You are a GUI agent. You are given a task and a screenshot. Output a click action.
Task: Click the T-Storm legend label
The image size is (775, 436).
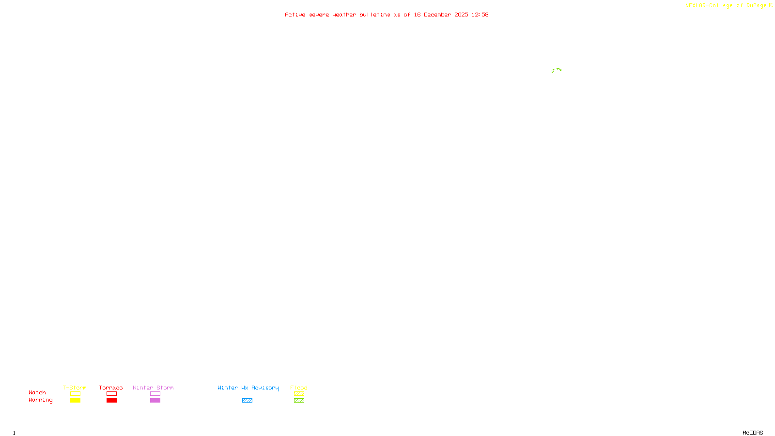75,388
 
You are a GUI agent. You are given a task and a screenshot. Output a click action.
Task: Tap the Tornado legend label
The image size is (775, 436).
111,388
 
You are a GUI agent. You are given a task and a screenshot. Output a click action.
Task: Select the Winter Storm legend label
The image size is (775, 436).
153,388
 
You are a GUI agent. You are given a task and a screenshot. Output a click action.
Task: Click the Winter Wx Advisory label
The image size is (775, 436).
248,388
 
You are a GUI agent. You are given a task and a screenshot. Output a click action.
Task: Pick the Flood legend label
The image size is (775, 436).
299,388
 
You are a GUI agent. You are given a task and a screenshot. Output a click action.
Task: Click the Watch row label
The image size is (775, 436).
37,392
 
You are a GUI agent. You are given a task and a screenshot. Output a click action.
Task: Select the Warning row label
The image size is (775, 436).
40,400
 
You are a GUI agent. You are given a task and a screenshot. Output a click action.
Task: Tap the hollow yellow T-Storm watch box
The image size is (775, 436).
75,394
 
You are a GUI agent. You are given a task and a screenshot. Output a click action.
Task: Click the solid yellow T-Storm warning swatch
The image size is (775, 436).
75,401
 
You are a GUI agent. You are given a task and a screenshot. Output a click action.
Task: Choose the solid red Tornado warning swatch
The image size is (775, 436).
111,401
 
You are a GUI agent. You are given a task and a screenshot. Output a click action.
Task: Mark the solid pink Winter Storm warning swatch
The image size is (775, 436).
155,401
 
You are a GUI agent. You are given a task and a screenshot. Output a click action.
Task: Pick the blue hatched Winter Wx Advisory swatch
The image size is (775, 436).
247,401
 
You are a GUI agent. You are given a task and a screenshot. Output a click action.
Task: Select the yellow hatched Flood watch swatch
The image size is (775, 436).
299,394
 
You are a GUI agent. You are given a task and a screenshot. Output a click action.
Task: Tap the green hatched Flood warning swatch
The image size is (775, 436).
299,401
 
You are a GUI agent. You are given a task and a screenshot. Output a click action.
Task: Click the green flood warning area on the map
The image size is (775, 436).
556,70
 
